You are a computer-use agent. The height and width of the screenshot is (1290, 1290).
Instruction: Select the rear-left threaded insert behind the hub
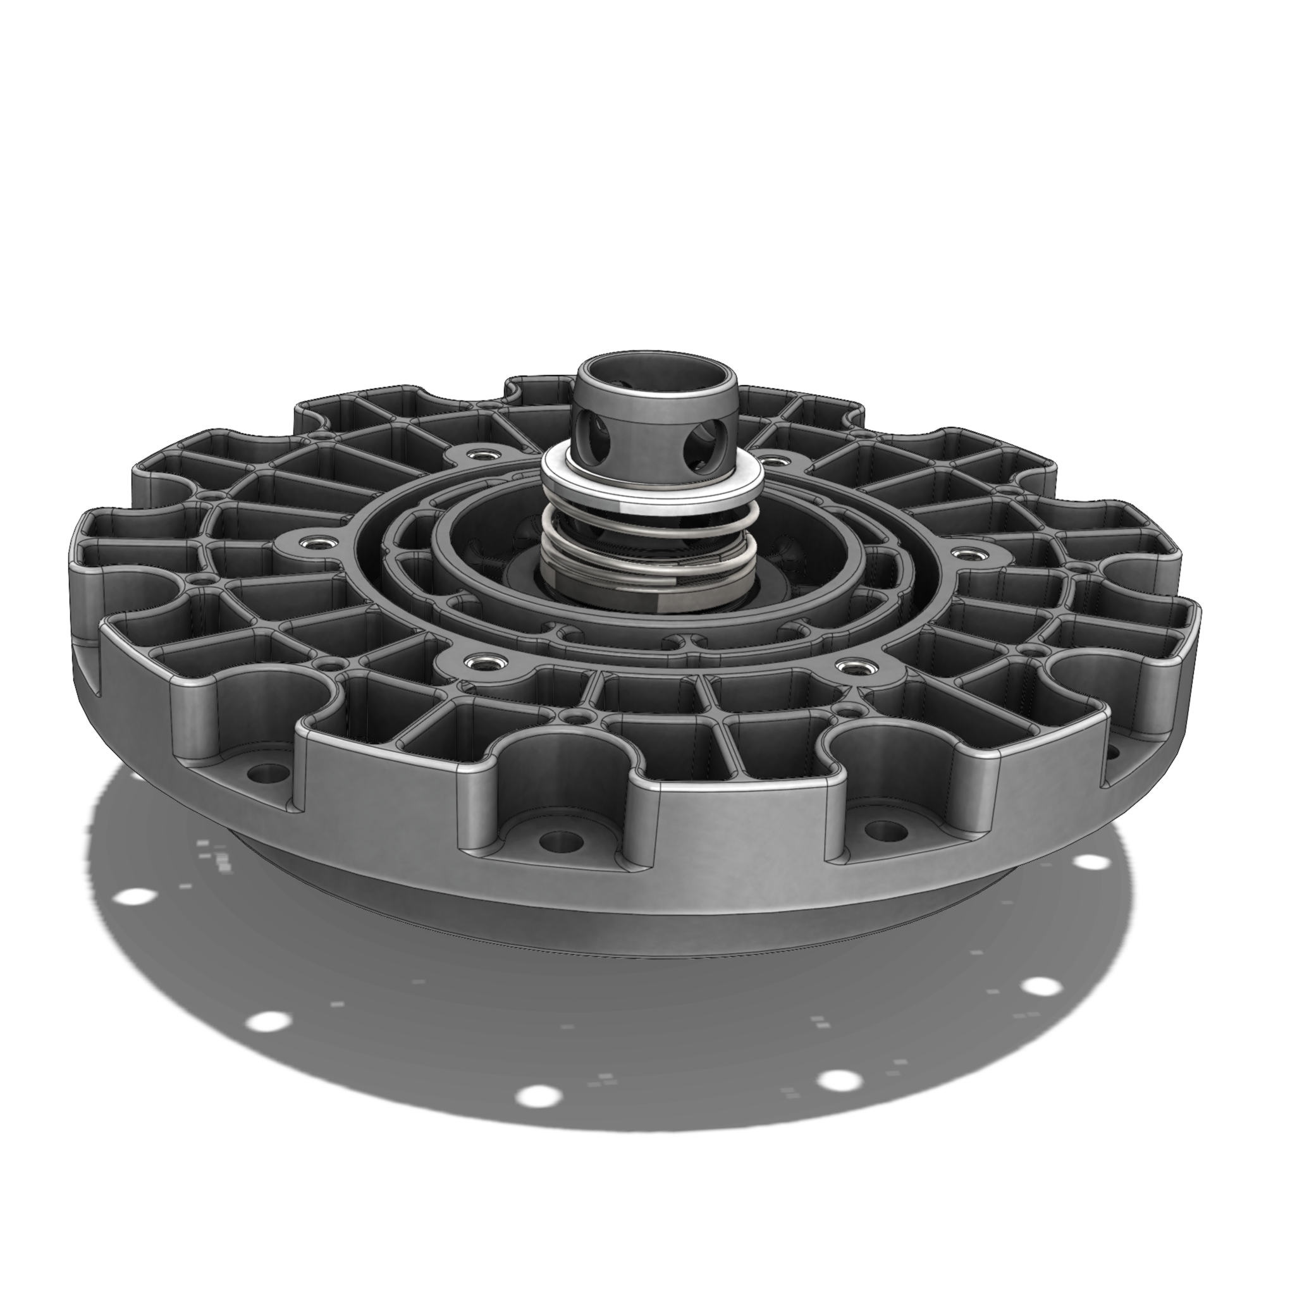[479, 456]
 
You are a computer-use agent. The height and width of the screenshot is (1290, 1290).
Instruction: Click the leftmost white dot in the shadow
[136, 896]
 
